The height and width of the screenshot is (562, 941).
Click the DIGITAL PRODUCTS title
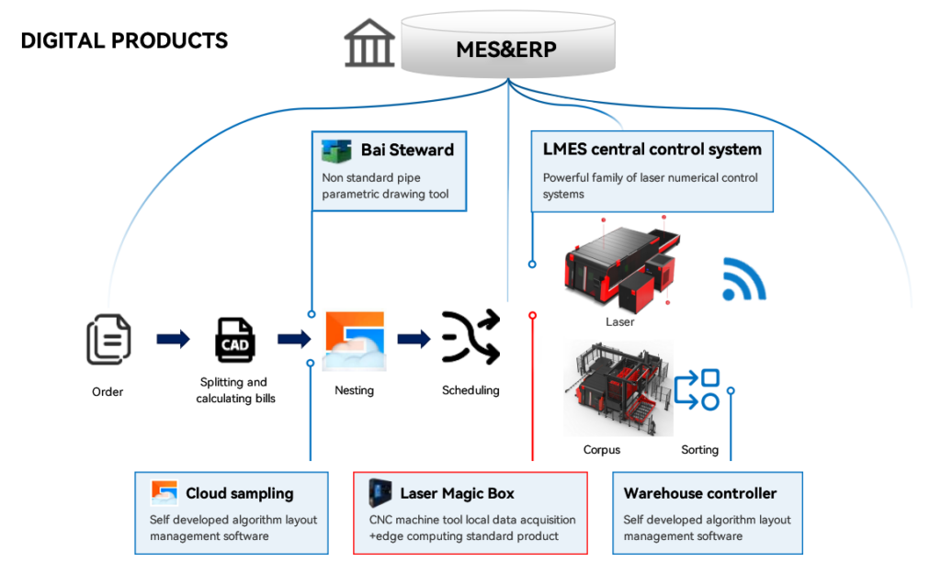click(124, 41)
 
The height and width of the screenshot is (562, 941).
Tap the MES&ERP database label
click(506, 50)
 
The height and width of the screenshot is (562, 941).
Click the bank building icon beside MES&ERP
click(369, 43)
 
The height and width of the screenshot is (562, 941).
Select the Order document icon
click(108, 339)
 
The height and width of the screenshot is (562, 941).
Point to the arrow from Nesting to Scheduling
click(414, 339)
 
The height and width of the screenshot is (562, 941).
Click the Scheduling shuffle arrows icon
click(470, 338)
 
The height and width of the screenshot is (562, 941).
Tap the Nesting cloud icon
click(354, 341)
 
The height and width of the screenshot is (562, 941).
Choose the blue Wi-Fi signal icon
click(743, 280)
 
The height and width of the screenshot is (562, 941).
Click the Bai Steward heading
click(407, 150)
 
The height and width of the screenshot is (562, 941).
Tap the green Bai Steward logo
click(336, 150)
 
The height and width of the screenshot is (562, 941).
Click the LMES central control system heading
click(652, 149)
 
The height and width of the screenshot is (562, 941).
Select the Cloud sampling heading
click(240, 493)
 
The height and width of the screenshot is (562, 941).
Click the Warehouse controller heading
click(700, 493)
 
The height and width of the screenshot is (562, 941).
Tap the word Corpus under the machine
click(602, 450)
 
